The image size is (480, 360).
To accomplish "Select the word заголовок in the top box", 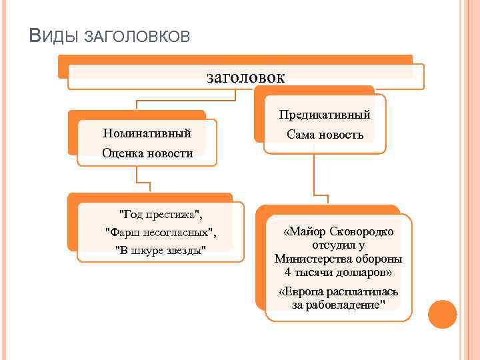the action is pyautogui.click(x=246, y=77).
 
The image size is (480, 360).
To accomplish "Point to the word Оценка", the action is pyautogui.click(x=123, y=153).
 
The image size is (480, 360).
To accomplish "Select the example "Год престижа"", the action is pyautogui.click(x=160, y=215).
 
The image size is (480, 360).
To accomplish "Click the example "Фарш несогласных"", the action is pyautogui.click(x=161, y=232).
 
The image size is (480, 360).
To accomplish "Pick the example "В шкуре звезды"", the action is pyautogui.click(x=161, y=250).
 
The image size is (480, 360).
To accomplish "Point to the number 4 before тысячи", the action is pyautogui.click(x=287, y=273).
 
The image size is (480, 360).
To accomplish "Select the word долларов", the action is pyautogui.click(x=361, y=273).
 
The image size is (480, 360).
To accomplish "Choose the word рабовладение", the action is pyautogui.click(x=346, y=305).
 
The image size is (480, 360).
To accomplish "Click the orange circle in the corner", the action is pyautogui.click(x=442, y=314).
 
